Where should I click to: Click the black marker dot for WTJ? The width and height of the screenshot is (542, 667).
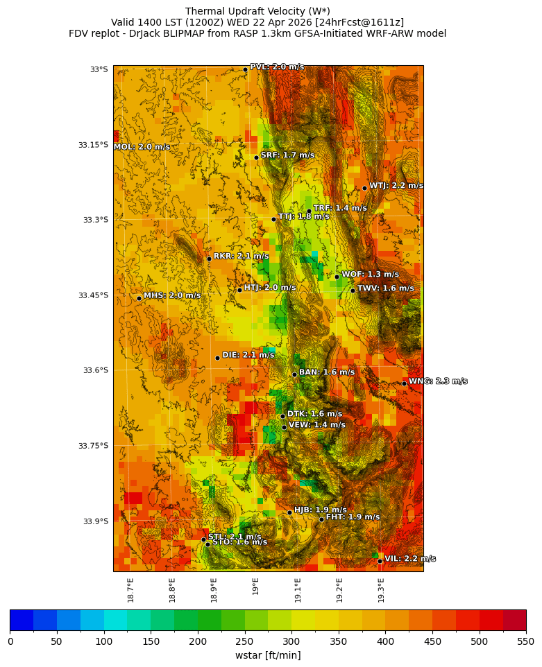(x=364, y=188)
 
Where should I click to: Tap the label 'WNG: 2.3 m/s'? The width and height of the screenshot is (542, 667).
(x=437, y=381)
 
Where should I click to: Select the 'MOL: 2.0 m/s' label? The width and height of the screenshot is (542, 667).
(x=142, y=147)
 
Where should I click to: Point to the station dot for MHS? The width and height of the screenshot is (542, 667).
(x=139, y=298)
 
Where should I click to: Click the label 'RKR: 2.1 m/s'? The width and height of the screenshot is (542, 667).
(x=241, y=256)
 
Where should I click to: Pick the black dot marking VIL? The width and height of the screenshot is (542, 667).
(x=380, y=560)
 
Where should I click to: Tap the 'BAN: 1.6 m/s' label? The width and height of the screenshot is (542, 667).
(x=326, y=372)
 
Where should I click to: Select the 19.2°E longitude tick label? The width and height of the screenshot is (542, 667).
(x=339, y=589)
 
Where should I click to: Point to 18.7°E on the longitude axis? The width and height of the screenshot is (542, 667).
(x=130, y=589)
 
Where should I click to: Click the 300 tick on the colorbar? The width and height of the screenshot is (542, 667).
(x=291, y=641)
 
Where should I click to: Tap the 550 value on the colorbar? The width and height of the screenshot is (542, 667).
(x=525, y=641)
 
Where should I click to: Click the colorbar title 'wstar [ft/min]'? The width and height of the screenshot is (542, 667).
(x=267, y=655)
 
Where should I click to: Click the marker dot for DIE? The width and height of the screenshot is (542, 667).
(x=217, y=358)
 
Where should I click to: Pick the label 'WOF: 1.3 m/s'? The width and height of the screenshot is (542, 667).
(x=370, y=275)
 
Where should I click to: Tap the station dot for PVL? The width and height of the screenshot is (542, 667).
(x=245, y=69)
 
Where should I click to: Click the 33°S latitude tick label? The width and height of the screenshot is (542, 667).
(x=99, y=69)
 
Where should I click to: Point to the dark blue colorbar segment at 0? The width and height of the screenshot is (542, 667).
(x=21, y=619)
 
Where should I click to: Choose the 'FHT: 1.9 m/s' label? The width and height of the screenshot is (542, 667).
(x=353, y=517)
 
